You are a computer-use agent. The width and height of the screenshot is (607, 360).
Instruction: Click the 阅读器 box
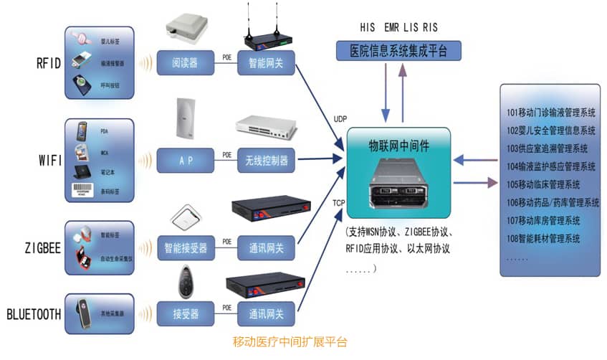(183, 62)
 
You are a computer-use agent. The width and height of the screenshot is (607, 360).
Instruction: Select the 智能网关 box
(266, 62)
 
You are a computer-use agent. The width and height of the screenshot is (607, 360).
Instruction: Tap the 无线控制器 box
(266, 161)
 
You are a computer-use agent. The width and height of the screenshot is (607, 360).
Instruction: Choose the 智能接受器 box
(183, 249)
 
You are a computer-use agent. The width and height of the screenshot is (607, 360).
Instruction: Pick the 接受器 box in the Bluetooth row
(183, 313)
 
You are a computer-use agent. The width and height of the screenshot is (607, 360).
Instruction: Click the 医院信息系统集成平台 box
(399, 50)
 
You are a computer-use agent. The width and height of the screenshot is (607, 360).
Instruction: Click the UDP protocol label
(340, 118)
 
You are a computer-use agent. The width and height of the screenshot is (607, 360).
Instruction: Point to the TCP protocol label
(340, 203)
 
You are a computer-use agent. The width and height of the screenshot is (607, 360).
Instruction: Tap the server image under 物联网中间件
(398, 183)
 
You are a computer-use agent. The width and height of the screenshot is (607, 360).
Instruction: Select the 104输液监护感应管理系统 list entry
(551, 166)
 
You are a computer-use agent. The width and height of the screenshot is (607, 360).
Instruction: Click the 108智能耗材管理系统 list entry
(543, 238)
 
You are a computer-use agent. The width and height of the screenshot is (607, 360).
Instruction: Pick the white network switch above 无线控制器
(265, 127)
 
